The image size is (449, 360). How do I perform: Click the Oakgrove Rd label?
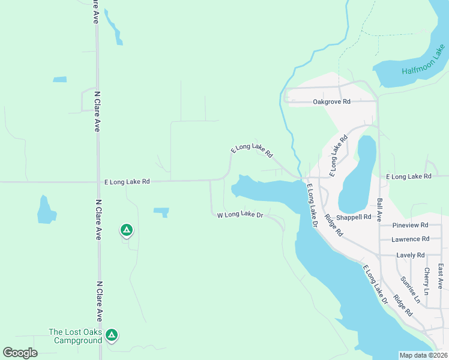pyautogui.click(x=335, y=102)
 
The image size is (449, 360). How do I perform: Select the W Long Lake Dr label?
pyautogui.click(x=240, y=215)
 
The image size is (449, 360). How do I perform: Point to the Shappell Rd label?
pyautogui.click(x=354, y=217)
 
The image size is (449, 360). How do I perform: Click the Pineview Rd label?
pyautogui.click(x=410, y=225)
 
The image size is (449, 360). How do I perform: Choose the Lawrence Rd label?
pyautogui.click(x=410, y=239)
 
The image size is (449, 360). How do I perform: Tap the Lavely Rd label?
pyautogui.click(x=411, y=255)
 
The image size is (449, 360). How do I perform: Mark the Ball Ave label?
pyautogui.click(x=379, y=210)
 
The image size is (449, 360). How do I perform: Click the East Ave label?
pyautogui.click(x=441, y=275)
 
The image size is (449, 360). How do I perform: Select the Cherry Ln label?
pyautogui.click(x=426, y=280)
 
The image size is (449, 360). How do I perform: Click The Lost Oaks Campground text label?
pyautogui.click(x=75, y=336)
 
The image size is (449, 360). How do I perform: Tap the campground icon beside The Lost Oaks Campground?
pyautogui.click(x=111, y=335)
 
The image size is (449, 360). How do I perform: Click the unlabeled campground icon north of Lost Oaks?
pyautogui.click(x=126, y=229)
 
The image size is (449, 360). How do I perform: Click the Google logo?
pyautogui.click(x=20, y=353)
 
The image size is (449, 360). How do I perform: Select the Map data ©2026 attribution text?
pyautogui.click(x=423, y=355)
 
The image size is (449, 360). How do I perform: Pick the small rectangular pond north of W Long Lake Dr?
pyautogui.click(x=161, y=211)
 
